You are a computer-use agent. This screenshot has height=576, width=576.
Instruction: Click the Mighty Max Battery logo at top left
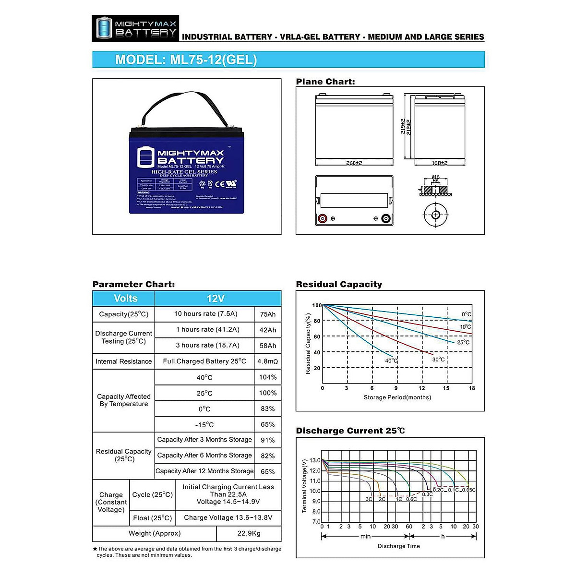pyautogui.click(x=135, y=28)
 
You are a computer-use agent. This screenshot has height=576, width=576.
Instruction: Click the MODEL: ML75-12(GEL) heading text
pyautogui.click(x=186, y=60)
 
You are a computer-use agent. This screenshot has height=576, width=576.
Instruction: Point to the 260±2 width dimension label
pyautogui.click(x=354, y=163)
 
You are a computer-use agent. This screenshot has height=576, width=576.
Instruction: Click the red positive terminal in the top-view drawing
pyautogui.click(x=323, y=219)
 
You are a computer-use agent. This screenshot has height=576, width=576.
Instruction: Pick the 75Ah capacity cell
pyautogui.click(x=268, y=314)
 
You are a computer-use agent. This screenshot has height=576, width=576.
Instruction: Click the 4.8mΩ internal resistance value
pyautogui.click(x=268, y=361)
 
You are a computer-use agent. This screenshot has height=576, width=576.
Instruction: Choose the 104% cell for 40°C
pyautogui.click(x=268, y=377)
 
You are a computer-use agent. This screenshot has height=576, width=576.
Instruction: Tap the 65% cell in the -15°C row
pyautogui.click(x=268, y=424)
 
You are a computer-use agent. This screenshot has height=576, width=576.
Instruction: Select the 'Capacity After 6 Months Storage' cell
pyautogui.click(x=204, y=455)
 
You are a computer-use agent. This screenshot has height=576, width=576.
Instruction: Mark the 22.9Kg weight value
pyautogui.click(x=249, y=533)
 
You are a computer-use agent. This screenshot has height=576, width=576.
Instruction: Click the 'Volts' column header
pyautogui.click(x=125, y=298)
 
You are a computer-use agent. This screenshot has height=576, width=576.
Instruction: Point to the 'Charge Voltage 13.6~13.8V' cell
pyautogui.click(x=228, y=517)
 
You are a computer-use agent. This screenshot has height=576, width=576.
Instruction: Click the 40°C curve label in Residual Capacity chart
pyautogui.click(x=391, y=360)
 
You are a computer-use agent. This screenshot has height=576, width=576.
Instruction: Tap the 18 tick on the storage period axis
pyautogui.click(x=472, y=388)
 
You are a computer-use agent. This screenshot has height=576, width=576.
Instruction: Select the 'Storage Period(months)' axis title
pyautogui.click(x=397, y=397)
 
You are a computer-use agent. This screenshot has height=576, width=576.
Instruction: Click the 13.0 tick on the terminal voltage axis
pyautogui.click(x=315, y=460)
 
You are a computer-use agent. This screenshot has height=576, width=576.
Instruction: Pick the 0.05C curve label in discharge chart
pyautogui.click(x=468, y=490)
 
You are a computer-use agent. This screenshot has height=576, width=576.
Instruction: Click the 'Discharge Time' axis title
pyautogui.click(x=398, y=546)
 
